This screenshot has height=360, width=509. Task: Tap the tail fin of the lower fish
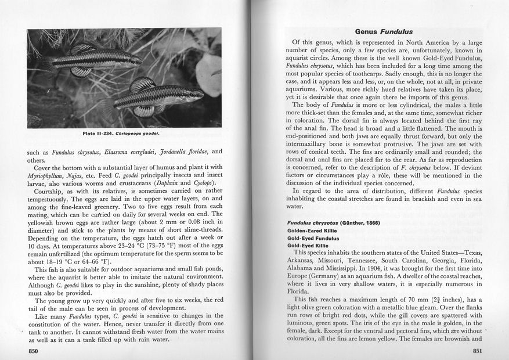tap(108, 107)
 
